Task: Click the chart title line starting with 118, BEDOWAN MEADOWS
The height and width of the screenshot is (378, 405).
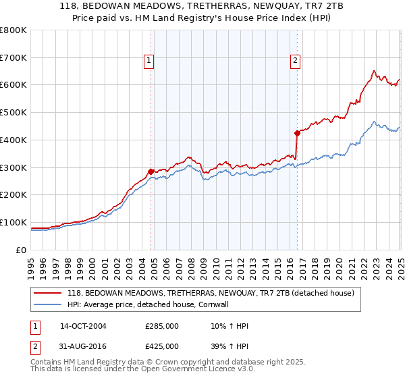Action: tap(202, 7)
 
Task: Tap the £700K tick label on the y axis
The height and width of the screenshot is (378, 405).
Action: tap(14, 58)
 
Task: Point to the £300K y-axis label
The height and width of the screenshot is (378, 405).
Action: tap(14, 167)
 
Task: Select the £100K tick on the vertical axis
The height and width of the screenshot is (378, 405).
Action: tap(14, 222)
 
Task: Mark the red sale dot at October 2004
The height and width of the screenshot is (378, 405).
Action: tap(151, 171)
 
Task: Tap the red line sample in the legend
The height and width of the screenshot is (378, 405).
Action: tap(48, 294)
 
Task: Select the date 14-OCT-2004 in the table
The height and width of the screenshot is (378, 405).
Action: tap(83, 326)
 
